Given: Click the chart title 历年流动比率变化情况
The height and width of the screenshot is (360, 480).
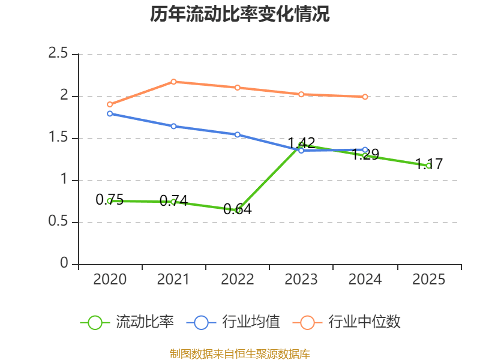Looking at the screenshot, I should [x=240, y=14].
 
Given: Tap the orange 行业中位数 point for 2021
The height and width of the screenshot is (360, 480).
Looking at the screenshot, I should [x=173, y=82].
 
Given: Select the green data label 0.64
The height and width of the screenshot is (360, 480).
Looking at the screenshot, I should [x=237, y=209].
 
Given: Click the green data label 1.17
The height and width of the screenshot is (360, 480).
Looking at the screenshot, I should [x=429, y=164].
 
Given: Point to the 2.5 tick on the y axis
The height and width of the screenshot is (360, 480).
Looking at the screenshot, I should [x=59, y=54].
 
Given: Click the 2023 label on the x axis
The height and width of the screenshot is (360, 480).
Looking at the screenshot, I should [x=301, y=280].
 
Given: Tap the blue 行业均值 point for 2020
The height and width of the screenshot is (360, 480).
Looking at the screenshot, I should [x=110, y=113].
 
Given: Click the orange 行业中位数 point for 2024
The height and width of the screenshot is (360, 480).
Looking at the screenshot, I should [x=365, y=97].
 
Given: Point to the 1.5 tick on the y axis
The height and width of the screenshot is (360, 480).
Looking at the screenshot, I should [x=59, y=138].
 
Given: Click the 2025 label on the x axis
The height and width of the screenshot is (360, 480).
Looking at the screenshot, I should [x=429, y=280].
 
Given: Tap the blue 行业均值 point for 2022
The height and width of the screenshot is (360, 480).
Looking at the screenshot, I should [x=238, y=134].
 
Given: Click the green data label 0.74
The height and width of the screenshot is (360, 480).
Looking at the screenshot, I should [x=173, y=200].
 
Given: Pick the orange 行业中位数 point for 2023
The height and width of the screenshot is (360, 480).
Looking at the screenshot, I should [x=301, y=94].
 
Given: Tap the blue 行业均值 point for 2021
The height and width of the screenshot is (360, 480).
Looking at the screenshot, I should [x=173, y=126].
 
